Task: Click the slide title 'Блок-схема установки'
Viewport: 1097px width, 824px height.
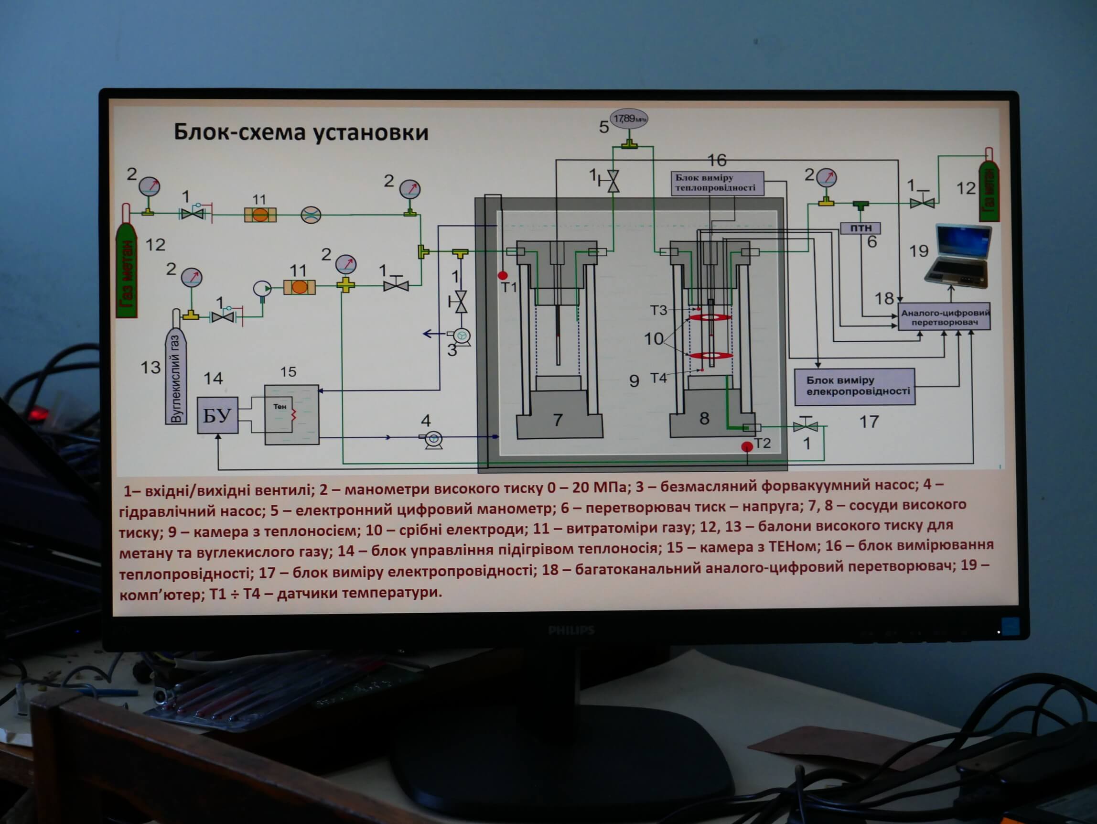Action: tap(301, 132)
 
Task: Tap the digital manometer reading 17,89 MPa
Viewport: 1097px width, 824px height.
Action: tap(628, 119)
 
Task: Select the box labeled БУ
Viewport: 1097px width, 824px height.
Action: tap(217, 416)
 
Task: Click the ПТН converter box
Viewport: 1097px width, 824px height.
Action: tap(860, 228)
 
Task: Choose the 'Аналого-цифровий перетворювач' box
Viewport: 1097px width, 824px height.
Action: tap(944, 317)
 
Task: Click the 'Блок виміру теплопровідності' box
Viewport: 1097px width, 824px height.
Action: tap(717, 183)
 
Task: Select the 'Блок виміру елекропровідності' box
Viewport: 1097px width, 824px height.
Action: tap(854, 386)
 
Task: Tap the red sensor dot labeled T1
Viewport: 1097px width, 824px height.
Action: tap(502, 275)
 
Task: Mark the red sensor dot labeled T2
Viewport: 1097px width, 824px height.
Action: tap(746, 446)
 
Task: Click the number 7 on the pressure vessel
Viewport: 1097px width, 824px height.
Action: tap(558, 420)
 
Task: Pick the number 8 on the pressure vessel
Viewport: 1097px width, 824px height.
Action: tap(704, 418)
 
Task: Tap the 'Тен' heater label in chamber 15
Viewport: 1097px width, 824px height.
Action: tap(280, 406)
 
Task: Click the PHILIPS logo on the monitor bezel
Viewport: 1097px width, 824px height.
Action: tap(571, 630)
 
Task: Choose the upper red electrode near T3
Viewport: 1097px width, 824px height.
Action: tap(710, 317)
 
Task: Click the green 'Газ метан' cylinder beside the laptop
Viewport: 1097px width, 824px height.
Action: tap(989, 191)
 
